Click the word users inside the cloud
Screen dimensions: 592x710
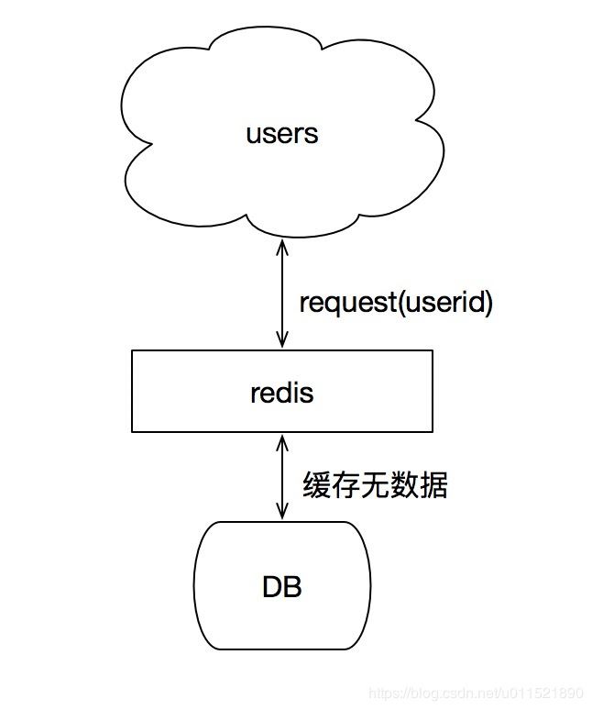[x=281, y=134]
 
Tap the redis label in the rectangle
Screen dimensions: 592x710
[x=281, y=393]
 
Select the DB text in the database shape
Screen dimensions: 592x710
[x=281, y=586]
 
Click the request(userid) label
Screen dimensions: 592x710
[x=396, y=303]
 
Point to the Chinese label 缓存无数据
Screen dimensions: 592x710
[x=375, y=485]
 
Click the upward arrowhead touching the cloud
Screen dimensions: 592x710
[x=282, y=247]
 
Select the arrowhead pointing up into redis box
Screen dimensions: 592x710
[x=282, y=443]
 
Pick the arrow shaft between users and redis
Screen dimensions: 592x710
[x=282, y=294]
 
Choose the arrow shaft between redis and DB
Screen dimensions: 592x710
[x=282, y=477]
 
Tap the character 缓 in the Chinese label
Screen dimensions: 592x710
[x=316, y=485]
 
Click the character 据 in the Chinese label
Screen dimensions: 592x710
[x=433, y=485]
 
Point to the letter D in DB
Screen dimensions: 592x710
[x=272, y=586]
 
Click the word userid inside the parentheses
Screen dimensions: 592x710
[x=444, y=302]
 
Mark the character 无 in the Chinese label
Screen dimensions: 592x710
[x=375, y=485]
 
